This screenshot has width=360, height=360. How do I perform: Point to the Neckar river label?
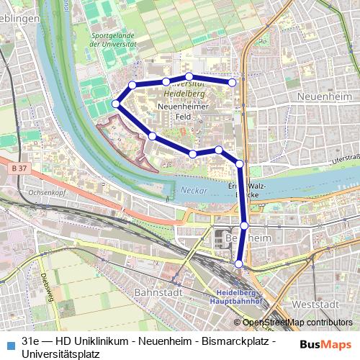pos(192,191)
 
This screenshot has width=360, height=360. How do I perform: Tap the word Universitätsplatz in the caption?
pos(60,354)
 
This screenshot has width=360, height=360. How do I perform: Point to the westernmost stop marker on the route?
pos(117,104)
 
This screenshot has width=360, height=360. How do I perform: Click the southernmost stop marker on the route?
pos(240,264)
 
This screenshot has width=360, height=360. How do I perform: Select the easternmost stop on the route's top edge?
pos(233,82)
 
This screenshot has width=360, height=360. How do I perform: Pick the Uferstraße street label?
pos(343,156)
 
